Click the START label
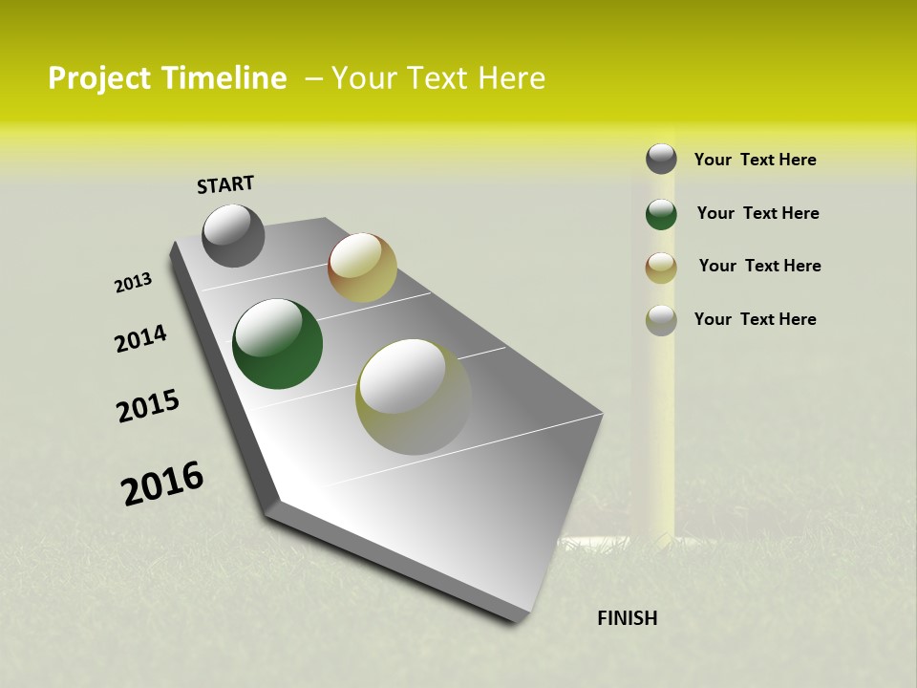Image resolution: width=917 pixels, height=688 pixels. click(225, 184)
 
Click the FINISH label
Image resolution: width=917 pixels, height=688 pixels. click(628, 618)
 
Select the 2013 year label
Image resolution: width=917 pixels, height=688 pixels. click(133, 283)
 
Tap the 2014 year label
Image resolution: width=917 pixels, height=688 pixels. click(140, 339)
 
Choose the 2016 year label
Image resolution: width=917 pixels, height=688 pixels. click(162, 484)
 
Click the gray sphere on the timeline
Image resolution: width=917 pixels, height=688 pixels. click(233, 235)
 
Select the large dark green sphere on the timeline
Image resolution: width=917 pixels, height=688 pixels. click(277, 344)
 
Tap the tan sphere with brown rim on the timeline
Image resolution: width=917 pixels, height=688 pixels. click(362, 268)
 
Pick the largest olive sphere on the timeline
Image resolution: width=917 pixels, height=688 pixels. click(414, 397)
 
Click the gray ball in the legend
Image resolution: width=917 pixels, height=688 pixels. click(661, 159)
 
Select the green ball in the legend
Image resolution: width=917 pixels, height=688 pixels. click(661, 213)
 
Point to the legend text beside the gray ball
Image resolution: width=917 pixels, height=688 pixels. click(755, 160)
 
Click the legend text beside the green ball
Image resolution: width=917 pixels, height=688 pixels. click(757, 213)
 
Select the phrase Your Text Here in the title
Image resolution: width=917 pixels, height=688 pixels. click(437, 78)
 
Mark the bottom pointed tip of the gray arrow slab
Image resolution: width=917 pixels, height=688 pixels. click(521, 616)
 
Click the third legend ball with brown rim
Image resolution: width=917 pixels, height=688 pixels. click(661, 267)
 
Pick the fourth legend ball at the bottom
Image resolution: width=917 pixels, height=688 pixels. click(661, 319)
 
